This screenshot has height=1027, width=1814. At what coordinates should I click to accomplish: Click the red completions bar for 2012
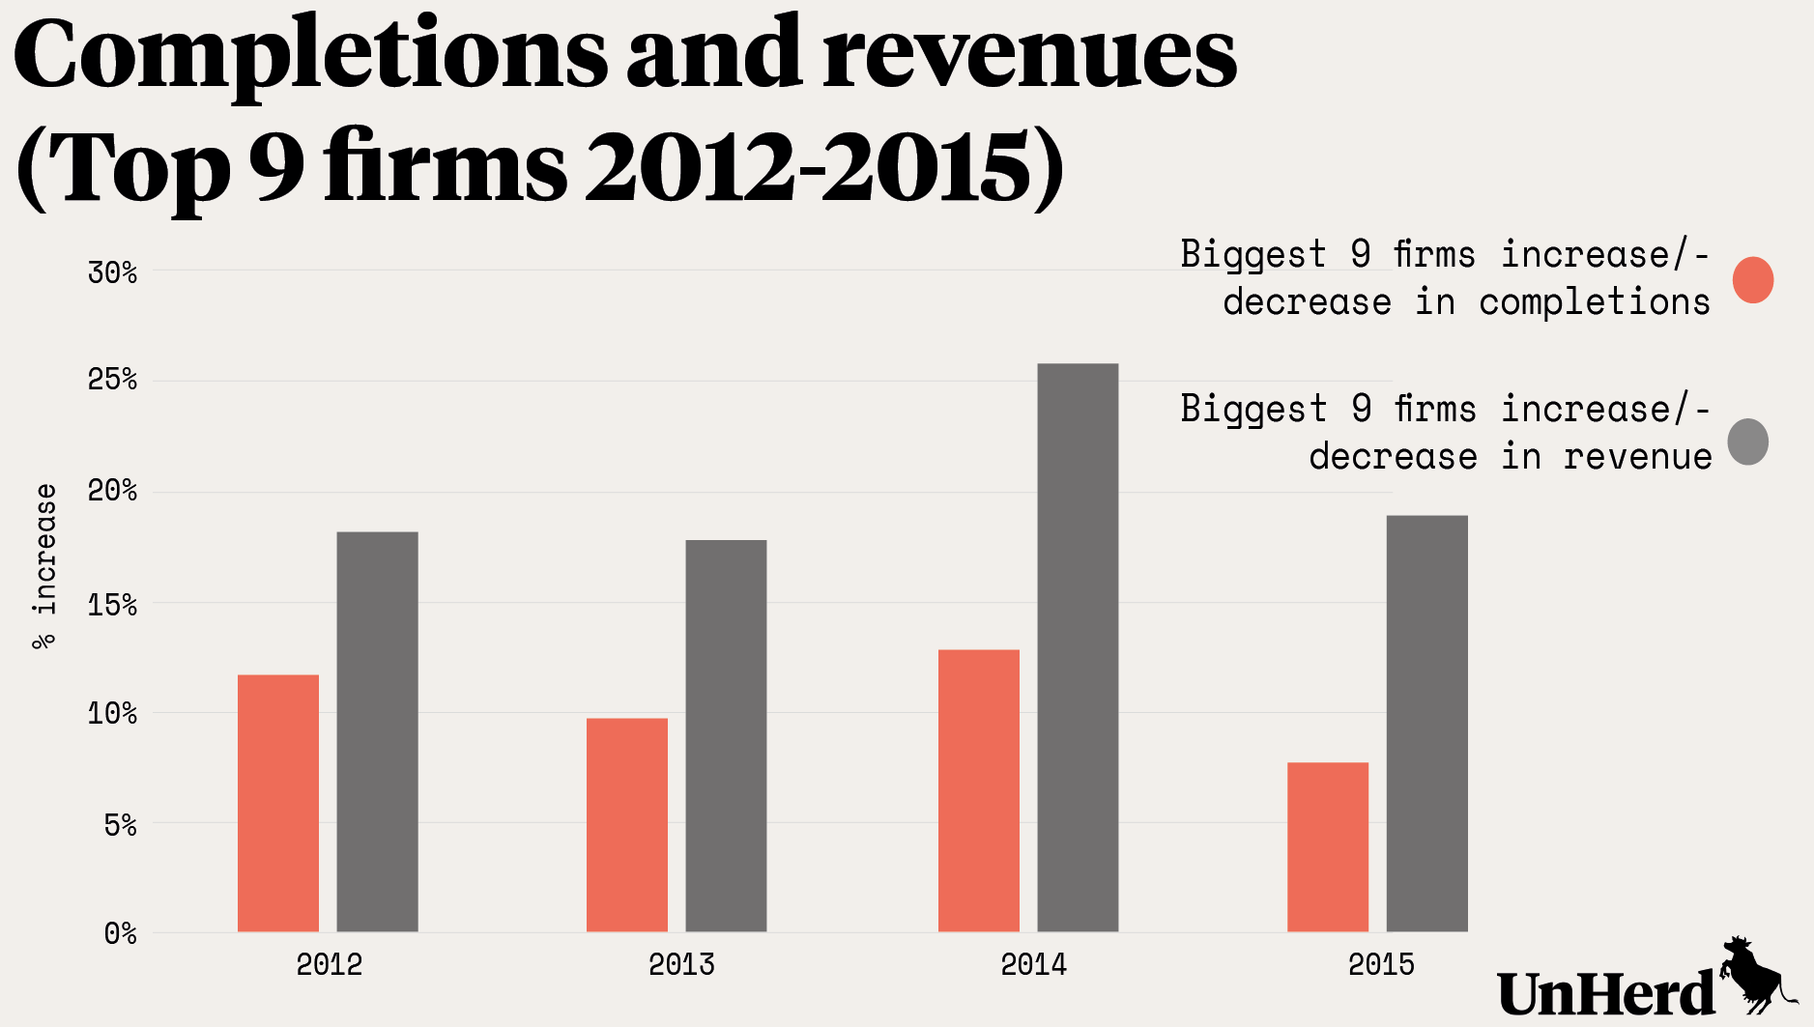coord(278,803)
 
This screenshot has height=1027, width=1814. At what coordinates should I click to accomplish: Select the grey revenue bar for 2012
coord(377,731)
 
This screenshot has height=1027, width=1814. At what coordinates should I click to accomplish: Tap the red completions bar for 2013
coord(627,824)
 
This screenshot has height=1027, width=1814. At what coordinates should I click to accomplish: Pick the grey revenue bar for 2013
coord(726,735)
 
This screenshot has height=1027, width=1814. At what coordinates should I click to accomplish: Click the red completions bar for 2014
coord(979,790)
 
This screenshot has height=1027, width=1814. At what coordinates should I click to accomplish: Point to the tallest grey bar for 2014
coord(1078,647)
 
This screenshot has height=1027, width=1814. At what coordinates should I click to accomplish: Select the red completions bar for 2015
coord(1328,846)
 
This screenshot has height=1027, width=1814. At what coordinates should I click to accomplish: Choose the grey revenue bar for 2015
coord(1426,724)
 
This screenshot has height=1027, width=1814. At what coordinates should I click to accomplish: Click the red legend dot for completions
coord(1753,280)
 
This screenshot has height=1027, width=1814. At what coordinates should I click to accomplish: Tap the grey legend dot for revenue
coord(1748,442)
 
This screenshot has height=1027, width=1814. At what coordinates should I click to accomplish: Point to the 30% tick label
coord(113,273)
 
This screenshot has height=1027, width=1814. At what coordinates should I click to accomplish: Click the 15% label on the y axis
coord(113,606)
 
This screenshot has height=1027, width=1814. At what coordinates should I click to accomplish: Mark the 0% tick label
coord(121,934)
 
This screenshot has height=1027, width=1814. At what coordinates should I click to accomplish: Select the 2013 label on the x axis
coord(681,964)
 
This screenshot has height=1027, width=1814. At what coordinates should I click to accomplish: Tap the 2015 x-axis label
coord(1381,964)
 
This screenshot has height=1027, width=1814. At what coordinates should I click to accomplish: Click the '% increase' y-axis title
coord(44,566)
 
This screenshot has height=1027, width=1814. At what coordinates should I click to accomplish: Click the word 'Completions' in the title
coord(310,56)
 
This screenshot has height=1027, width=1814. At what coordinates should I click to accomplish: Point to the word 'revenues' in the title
coord(1029,56)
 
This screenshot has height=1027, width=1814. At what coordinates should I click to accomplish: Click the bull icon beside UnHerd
coord(1753,974)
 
